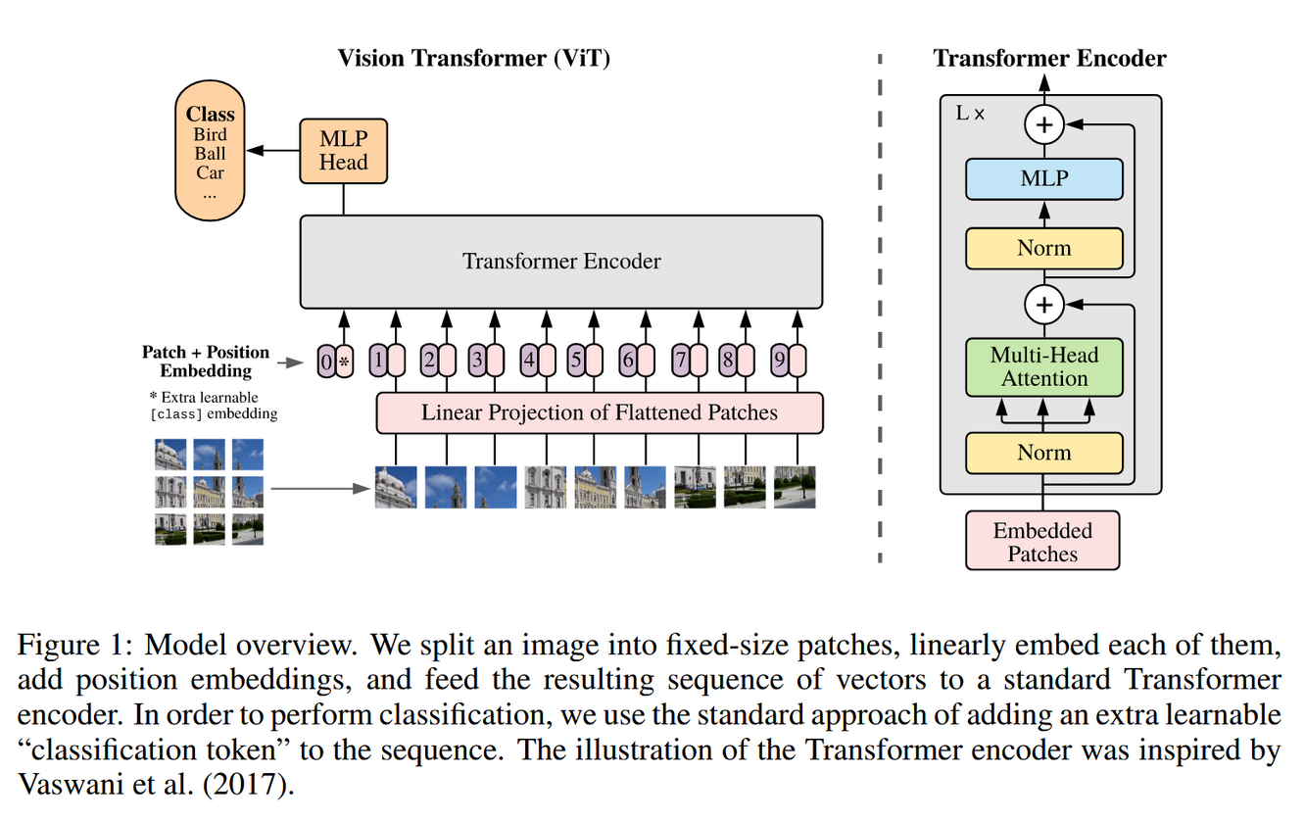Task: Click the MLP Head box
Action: tap(343, 151)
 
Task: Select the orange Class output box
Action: tap(210, 152)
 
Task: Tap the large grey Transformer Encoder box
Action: tap(560, 262)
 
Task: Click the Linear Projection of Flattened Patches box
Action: tap(600, 412)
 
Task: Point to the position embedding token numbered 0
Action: tap(326, 362)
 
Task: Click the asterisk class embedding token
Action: tap(344, 362)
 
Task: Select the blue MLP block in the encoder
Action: tap(1043, 179)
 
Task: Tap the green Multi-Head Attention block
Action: tap(1043, 367)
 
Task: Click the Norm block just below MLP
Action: tap(1043, 249)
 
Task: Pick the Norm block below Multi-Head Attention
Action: tap(1043, 453)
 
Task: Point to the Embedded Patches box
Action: tap(1042, 542)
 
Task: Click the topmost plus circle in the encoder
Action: tap(1044, 125)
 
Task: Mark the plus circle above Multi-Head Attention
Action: tap(1044, 306)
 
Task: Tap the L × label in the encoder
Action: tap(970, 114)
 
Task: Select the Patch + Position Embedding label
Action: tap(206, 362)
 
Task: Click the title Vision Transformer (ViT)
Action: tap(474, 58)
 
